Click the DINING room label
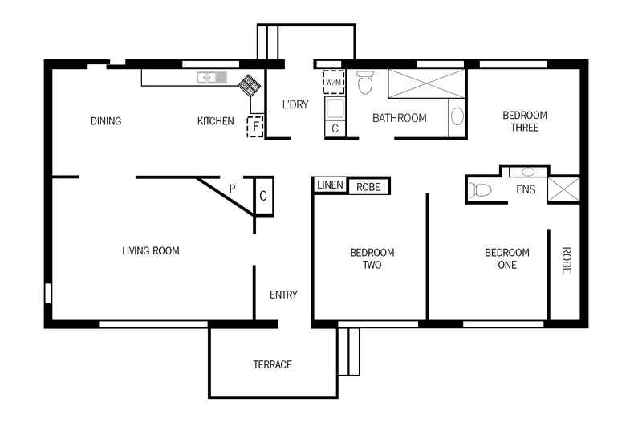(x=106, y=121)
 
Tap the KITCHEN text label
(x=216, y=121)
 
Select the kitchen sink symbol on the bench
(x=211, y=78)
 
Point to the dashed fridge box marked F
(x=256, y=126)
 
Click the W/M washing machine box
(x=334, y=83)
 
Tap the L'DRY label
(x=295, y=104)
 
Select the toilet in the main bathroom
(x=366, y=82)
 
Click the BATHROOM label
(x=399, y=119)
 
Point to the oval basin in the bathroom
(x=457, y=117)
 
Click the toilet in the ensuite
(x=480, y=190)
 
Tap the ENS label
(x=526, y=190)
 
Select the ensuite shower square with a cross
(x=563, y=189)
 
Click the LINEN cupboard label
(x=330, y=185)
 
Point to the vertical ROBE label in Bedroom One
(x=566, y=261)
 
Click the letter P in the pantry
(x=233, y=189)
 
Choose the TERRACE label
(x=273, y=364)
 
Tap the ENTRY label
(x=283, y=295)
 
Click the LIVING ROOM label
(x=151, y=251)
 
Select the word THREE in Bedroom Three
(x=525, y=128)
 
